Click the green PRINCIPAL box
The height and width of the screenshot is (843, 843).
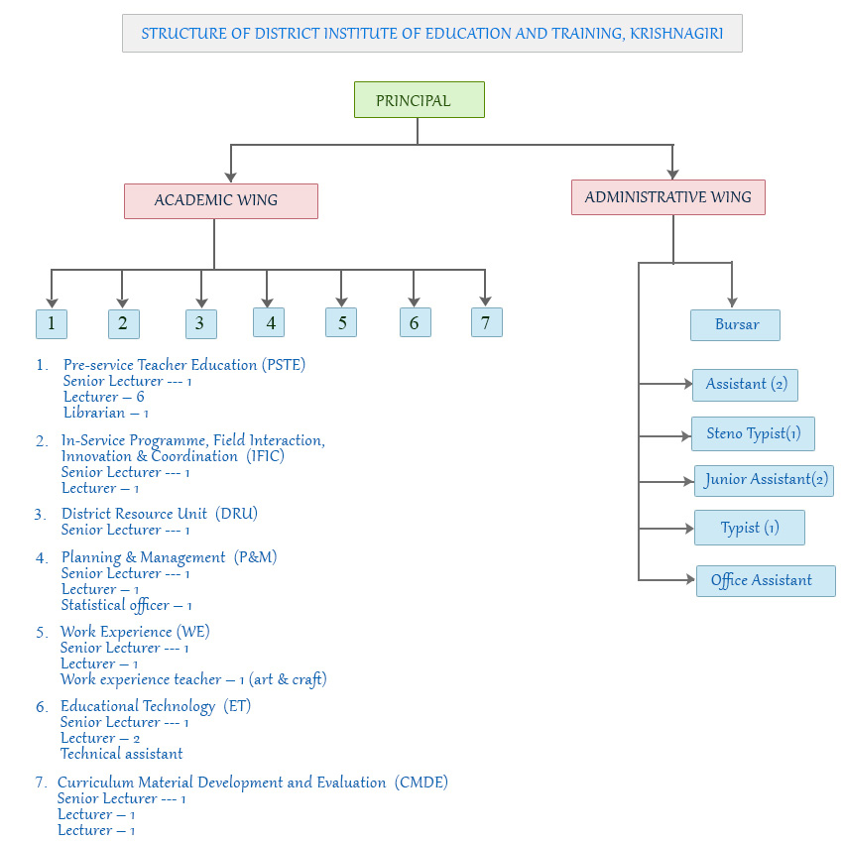419,100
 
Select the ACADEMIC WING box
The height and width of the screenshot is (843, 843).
220,200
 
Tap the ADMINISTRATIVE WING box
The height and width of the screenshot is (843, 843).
667,197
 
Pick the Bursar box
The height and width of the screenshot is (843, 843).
735,325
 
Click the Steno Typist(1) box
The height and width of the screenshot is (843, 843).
753,433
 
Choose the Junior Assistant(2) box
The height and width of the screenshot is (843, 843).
764,480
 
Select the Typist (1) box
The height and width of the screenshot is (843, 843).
749,528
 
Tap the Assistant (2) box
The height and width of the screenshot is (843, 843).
745,384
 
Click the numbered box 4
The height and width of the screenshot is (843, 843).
269,322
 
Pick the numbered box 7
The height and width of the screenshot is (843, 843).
486,322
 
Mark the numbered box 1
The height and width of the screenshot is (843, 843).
52,324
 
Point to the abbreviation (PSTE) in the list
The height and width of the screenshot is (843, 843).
284,365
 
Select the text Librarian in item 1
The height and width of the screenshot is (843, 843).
94,413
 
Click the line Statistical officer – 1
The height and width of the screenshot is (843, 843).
126,605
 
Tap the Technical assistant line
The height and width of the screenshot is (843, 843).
121,754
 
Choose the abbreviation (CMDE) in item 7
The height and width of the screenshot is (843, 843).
421,783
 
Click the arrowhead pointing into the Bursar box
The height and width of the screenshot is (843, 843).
732,301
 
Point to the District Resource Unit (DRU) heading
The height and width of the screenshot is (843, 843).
160,514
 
